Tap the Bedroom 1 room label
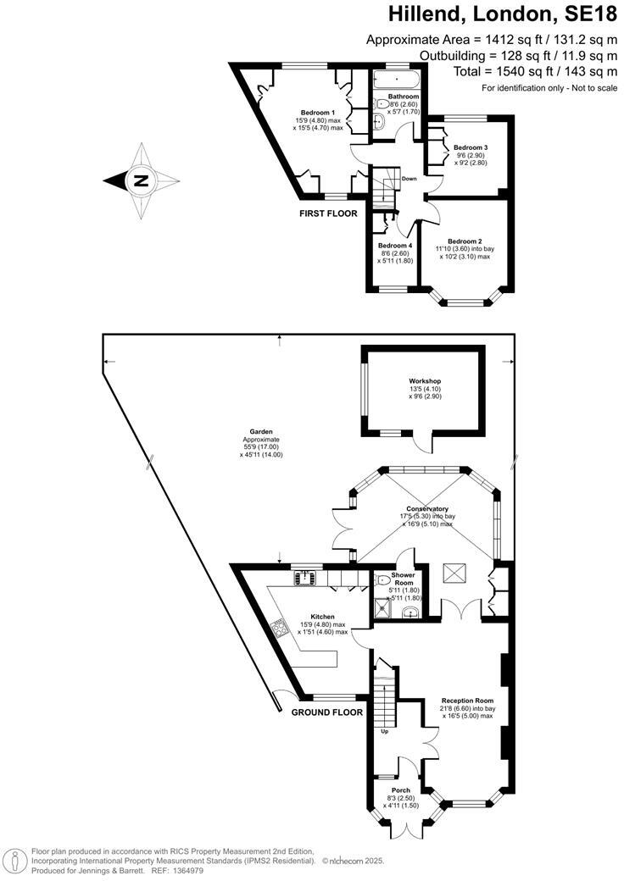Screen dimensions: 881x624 tap(318, 113)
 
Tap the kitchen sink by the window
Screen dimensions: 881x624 tap(306, 577)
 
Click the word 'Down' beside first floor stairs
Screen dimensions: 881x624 tap(409, 179)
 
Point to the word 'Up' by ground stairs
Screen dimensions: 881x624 tap(385, 731)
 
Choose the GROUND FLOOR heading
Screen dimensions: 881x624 tap(327, 712)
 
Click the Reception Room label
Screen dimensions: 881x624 tap(467, 701)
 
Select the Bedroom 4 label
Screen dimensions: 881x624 tap(394, 245)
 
